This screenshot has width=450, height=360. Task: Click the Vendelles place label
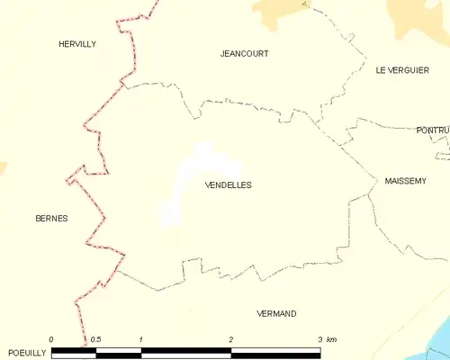(x=229, y=184)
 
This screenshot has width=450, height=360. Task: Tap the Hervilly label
(x=76, y=43)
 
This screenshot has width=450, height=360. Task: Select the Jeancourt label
(x=244, y=53)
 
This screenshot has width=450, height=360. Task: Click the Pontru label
(x=432, y=130)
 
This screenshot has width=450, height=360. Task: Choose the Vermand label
(x=276, y=313)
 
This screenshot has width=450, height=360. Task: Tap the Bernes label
(x=51, y=218)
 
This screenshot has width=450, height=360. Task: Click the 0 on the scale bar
(x=51, y=338)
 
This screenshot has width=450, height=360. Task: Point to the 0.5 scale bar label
(x=95, y=338)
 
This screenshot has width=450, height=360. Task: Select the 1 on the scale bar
(x=141, y=338)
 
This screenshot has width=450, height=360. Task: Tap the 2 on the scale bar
(x=231, y=338)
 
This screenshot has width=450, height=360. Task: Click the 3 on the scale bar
(x=319, y=338)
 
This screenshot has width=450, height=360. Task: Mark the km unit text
(x=333, y=338)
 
